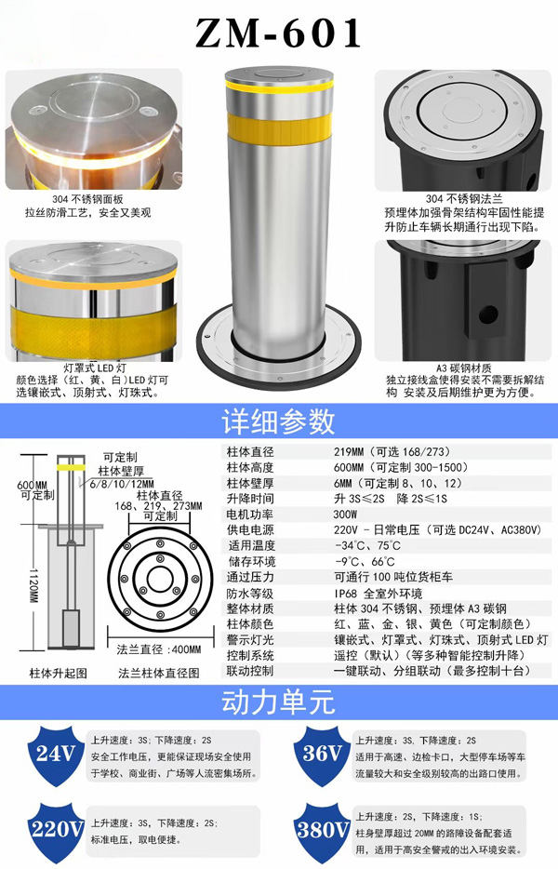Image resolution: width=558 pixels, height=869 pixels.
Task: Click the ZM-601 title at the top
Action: tap(278, 33)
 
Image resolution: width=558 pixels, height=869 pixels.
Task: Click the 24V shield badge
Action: tap(55, 755)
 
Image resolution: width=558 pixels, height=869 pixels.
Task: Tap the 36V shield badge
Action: tap(322, 755)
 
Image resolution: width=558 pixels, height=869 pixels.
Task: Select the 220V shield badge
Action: tap(56, 831)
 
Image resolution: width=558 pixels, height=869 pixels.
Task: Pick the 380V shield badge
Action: tap(322, 831)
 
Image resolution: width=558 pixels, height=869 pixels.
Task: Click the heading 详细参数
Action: tap(278, 421)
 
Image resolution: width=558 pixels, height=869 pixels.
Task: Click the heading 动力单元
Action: tap(278, 702)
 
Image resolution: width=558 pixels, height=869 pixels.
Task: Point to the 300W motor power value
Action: tap(346, 515)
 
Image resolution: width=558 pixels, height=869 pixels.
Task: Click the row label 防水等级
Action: tap(250, 593)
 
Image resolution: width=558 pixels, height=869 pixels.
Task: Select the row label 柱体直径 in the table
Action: tap(250, 451)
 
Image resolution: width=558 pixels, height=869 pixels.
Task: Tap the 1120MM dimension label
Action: tap(33, 586)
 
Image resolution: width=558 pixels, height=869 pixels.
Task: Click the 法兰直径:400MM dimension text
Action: tap(159, 649)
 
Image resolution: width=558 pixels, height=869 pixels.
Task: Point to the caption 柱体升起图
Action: tap(59, 674)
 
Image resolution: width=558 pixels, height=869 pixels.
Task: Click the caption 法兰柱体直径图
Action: tap(159, 674)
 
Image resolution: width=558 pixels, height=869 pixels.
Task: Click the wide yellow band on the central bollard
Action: tap(280, 129)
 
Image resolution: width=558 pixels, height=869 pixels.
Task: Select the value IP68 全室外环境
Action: tap(378, 593)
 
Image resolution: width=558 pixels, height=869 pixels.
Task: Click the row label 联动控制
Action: tap(250, 671)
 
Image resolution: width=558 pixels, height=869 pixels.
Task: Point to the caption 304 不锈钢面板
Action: tap(87, 199)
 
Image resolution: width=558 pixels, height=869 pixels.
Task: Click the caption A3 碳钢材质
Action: tap(464, 368)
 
